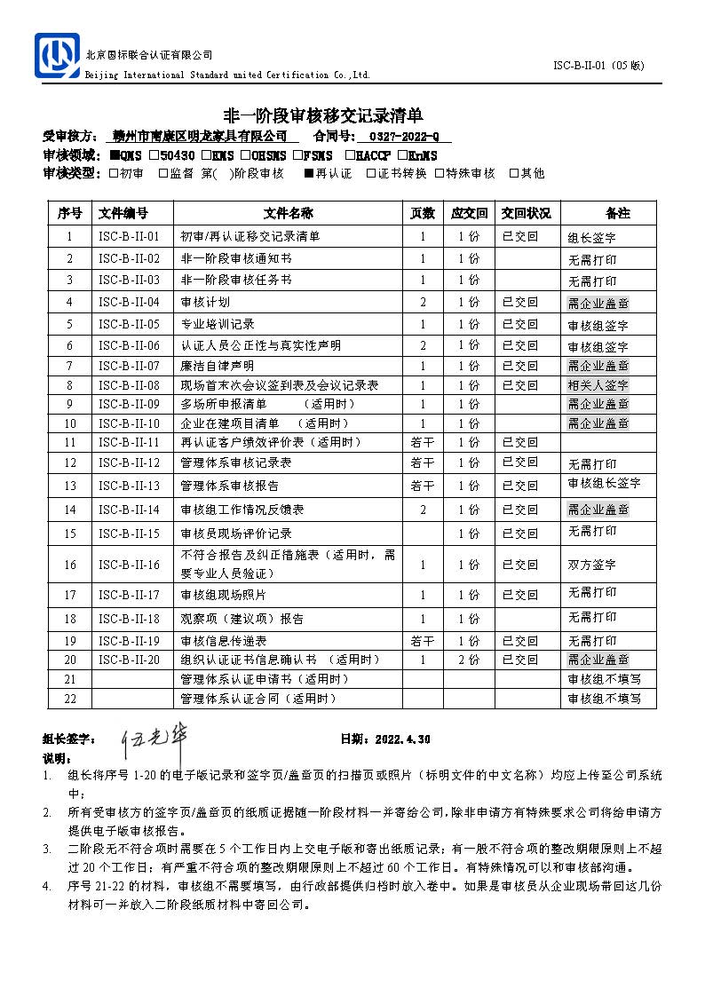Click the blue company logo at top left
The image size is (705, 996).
56,55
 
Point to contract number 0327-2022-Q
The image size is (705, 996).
403,136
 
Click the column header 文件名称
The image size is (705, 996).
288,213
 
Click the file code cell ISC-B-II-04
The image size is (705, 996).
129,303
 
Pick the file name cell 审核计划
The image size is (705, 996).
199,303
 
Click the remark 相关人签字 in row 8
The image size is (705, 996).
598,386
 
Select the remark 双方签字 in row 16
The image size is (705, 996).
591,565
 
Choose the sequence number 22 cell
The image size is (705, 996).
70,699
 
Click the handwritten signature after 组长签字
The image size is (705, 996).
157,739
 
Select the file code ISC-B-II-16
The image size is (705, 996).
129,565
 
